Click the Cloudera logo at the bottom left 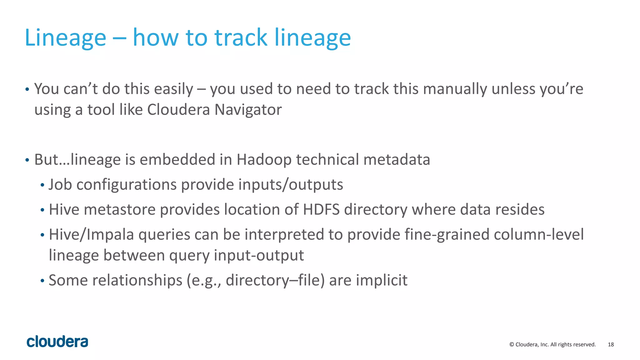pyautogui.click(x=57, y=342)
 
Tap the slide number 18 pyautogui.click(x=611, y=344)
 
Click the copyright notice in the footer pyautogui.click(x=552, y=344)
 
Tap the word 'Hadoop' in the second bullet pyautogui.click(x=264, y=159)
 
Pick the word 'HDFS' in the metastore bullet pyautogui.click(x=321, y=209)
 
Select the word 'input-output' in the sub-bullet pyautogui.click(x=259, y=255)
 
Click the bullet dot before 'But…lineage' pyautogui.click(x=27, y=160)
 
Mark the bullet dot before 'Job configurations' pyautogui.click(x=42, y=185)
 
